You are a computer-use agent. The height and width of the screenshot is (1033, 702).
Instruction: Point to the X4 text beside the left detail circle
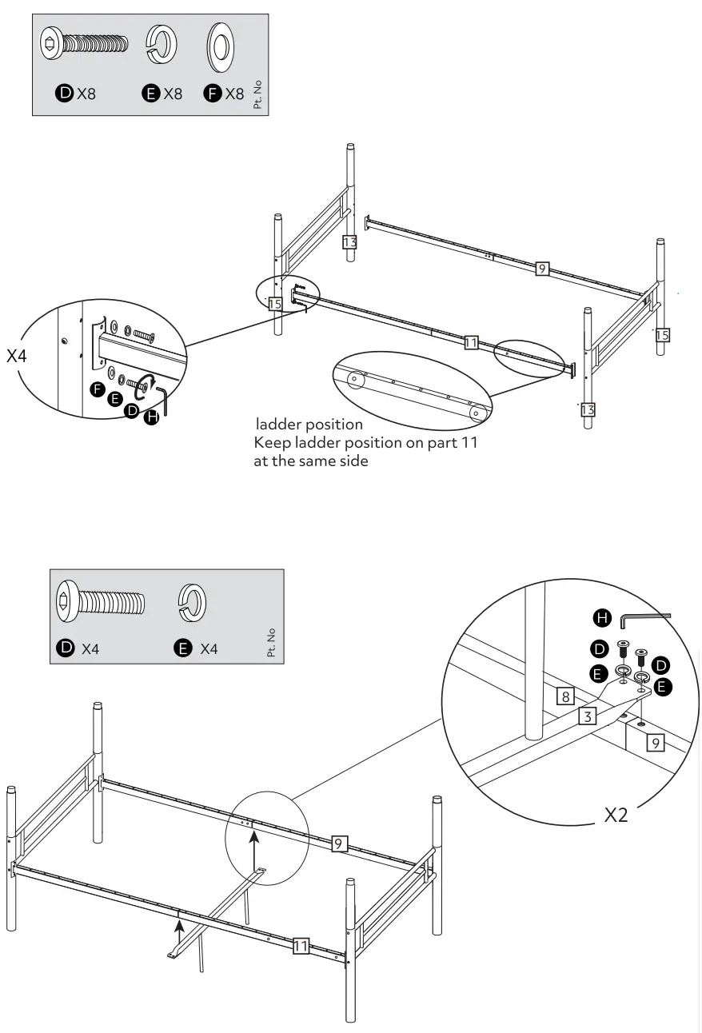coord(17,356)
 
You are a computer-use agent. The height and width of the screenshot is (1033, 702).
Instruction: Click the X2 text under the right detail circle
coord(616,816)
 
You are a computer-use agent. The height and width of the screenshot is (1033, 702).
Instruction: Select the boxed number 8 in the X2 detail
coord(565,696)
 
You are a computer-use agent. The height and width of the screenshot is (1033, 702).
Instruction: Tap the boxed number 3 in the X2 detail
coord(588,716)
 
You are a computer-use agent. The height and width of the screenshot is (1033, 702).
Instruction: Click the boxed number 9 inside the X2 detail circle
coord(655,744)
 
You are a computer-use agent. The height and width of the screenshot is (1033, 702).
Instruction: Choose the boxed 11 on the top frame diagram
coord(471,343)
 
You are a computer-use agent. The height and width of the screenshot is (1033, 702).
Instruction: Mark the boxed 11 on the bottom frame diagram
coord(301,947)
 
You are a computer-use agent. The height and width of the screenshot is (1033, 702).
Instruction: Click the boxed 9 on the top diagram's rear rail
coord(542,269)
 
